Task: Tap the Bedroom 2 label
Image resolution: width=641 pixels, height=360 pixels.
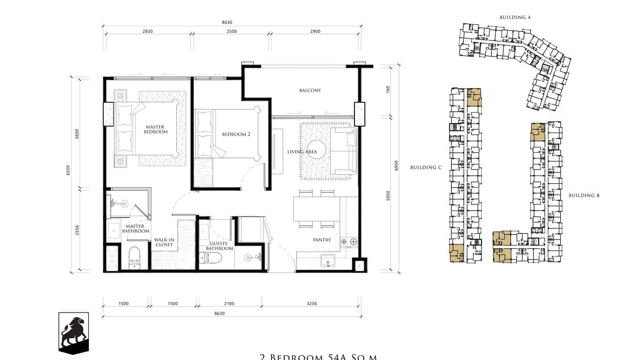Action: click(236, 134)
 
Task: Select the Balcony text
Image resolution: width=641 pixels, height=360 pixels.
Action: click(310, 90)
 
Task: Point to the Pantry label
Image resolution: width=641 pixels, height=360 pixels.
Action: click(322, 240)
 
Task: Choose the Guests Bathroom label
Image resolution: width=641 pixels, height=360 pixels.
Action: click(220, 245)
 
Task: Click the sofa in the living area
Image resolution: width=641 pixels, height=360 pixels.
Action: click(345, 151)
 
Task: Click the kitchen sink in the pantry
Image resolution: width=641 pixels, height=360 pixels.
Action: click(328, 261)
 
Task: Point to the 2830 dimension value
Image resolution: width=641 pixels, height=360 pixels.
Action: click(148, 32)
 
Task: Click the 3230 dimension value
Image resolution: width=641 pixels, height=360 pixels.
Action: click(311, 304)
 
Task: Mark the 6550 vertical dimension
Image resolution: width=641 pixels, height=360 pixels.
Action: click(69, 170)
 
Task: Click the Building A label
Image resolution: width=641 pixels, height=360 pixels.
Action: click(515, 17)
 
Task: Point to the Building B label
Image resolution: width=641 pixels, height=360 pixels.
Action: click(584, 195)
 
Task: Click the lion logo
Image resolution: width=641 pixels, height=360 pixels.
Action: click(74, 333)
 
